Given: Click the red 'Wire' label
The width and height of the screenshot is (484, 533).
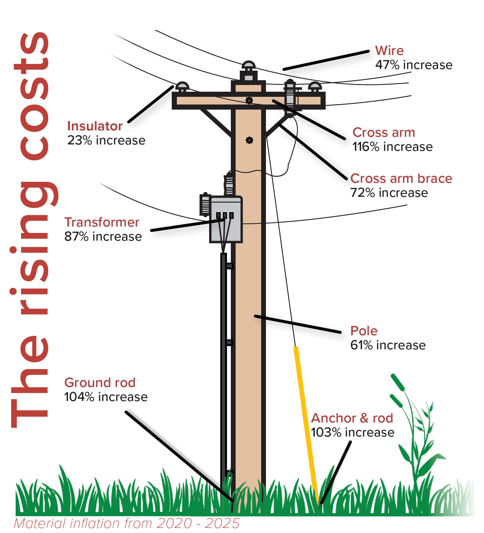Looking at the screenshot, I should [389, 50].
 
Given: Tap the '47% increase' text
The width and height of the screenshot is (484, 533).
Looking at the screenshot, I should [414, 65].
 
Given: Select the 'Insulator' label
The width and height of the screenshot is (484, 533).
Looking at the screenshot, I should [95, 126].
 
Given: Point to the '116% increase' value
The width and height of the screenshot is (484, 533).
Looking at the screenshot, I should [392, 147].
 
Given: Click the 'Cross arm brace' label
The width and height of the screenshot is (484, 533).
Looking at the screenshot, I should [401, 178].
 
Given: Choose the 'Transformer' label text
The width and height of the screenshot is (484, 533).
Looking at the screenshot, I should [102, 222].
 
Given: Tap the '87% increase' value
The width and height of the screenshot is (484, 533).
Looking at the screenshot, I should [103, 236].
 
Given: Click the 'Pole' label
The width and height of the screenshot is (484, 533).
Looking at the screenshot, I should [364, 331].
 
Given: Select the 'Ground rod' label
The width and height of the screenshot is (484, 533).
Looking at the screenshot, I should [100, 382].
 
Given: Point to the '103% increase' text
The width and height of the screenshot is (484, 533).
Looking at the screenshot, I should [352, 432].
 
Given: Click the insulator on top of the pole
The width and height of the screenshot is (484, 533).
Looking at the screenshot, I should [248, 71].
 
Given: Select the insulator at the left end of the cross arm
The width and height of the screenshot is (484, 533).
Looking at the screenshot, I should [182, 87].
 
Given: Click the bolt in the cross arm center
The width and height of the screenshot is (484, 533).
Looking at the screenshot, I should [249, 101].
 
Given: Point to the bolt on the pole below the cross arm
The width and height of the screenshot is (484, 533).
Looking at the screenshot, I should [249, 140].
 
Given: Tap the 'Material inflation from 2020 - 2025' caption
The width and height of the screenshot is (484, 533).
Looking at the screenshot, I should [126, 523].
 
